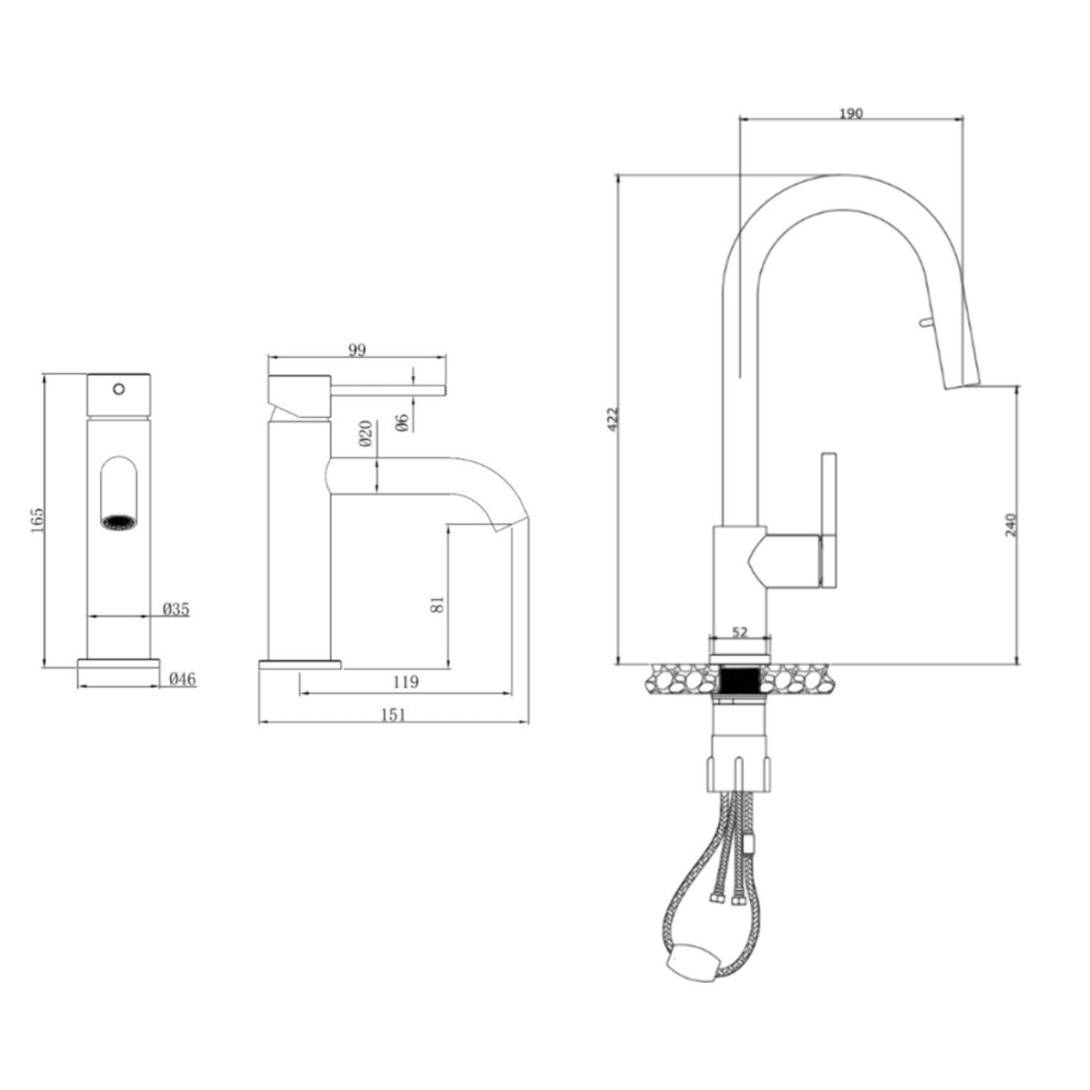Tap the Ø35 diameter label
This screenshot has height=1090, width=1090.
click(x=176, y=608)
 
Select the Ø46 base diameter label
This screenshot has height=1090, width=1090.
click(x=182, y=679)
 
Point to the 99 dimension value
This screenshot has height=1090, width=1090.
click(x=356, y=349)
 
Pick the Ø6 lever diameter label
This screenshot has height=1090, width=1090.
click(x=402, y=422)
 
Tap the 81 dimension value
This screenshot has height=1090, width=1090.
click(x=437, y=604)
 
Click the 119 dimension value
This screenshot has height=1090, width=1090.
click(x=406, y=681)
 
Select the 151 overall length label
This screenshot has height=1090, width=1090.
click(x=393, y=714)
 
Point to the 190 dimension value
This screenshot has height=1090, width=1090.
click(x=851, y=113)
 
